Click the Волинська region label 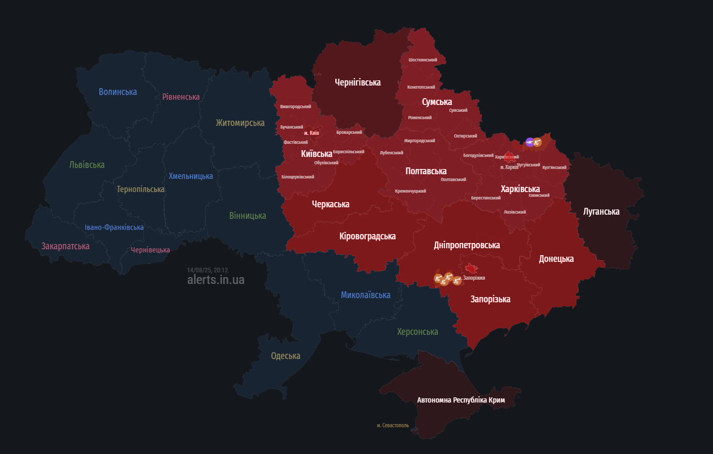[118, 92]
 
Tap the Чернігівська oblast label [358, 82]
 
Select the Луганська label [601, 212]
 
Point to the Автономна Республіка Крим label [461, 400]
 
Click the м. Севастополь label [392, 425]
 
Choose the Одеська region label [285, 356]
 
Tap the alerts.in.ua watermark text [215, 280]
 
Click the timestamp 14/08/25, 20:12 [207, 270]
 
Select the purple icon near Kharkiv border [530, 142]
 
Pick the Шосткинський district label [422, 60]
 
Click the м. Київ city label [311, 133]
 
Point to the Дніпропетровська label [467, 245]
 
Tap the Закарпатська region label [65, 246]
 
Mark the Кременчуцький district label [410, 191]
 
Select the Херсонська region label [417, 332]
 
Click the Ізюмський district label [539, 195]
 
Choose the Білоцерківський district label [297, 177]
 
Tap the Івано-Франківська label [114, 227]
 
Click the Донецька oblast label [556, 259]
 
